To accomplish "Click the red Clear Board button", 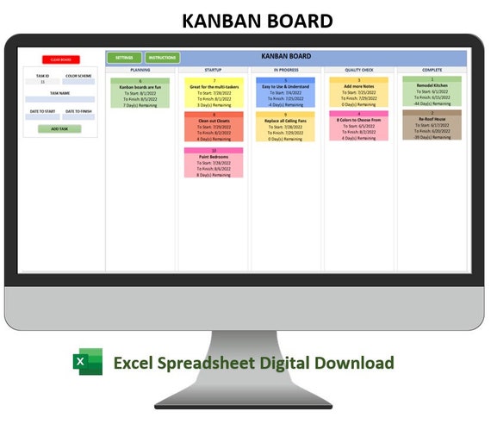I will (x=60, y=59).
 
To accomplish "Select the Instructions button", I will (x=162, y=58).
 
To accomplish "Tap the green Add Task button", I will (x=59, y=128).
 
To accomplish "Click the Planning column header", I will (x=140, y=70).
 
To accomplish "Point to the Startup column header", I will (x=213, y=70).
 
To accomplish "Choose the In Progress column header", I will (x=286, y=70).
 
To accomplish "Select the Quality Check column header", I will (x=358, y=70).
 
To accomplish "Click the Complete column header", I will (x=432, y=70).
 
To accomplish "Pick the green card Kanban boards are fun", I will (x=140, y=92).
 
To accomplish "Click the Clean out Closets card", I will (x=213, y=126).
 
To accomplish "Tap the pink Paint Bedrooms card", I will (x=213, y=162).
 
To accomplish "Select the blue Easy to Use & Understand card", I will (x=285, y=92).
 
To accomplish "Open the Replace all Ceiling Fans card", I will (x=285, y=126).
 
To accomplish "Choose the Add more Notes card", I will (x=358, y=92).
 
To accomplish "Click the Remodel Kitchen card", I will (x=432, y=92).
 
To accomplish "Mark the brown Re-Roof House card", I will (x=432, y=125).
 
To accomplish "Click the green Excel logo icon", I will (x=87, y=363).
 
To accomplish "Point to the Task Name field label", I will (x=59, y=93).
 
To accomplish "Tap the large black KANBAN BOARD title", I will (x=245, y=21).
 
